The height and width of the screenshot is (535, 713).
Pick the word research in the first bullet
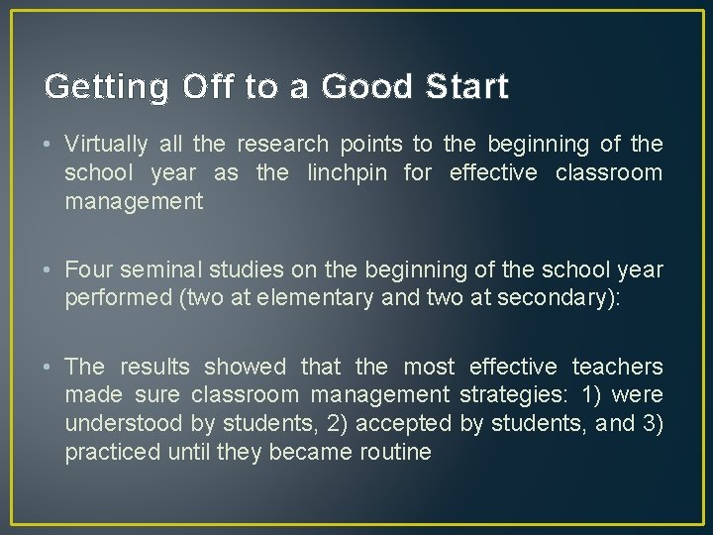pos(286,145)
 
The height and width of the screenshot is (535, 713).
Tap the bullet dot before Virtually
pos(49,145)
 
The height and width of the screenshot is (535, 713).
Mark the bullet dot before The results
pos(49,367)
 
